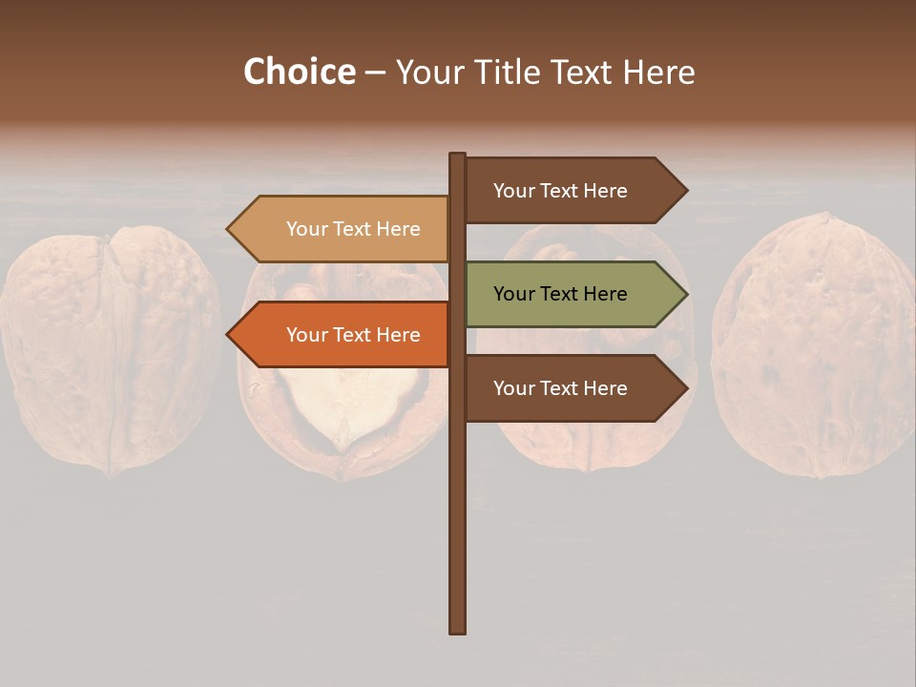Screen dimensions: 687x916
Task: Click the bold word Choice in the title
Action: (x=299, y=72)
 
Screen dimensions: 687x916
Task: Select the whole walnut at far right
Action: (x=813, y=345)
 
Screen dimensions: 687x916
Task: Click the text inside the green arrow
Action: (x=560, y=294)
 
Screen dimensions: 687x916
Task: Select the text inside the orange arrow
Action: (x=353, y=335)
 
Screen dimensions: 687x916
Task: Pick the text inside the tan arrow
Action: (x=353, y=229)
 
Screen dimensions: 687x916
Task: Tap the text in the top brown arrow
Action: (x=560, y=191)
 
